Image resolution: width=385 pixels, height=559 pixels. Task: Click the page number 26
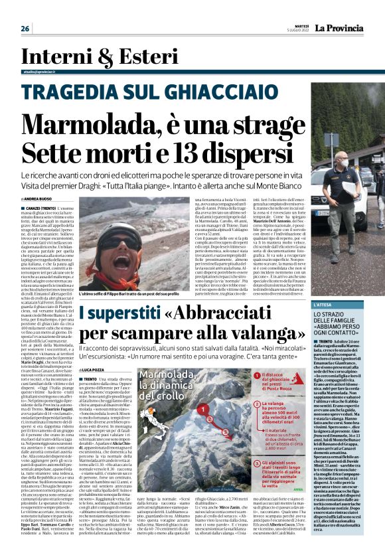[25, 29]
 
